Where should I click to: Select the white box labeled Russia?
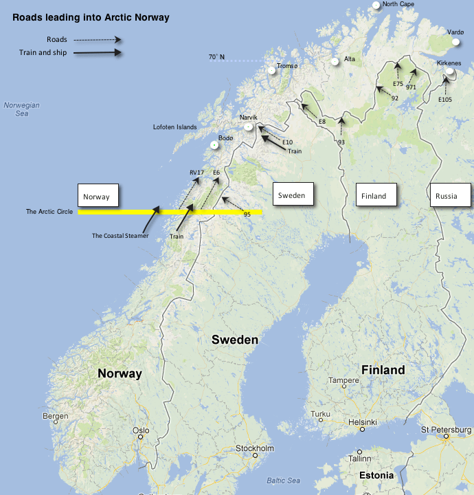pos(449,195)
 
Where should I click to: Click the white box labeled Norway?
pos(98,196)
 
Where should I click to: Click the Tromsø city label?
pos(287,66)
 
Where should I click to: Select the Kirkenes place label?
pos(449,63)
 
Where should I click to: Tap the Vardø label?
pos(455,32)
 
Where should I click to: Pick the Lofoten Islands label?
pos(174,127)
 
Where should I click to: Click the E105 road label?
pos(445,99)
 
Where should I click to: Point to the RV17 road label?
pos(197,172)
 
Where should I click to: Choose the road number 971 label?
pos(411,87)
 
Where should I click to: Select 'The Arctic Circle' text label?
pos(49,212)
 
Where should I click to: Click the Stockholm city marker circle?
pos(255,454)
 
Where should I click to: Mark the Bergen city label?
pos(55,417)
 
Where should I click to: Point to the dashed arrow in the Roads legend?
pos(98,40)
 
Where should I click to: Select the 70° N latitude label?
pos(216,56)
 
